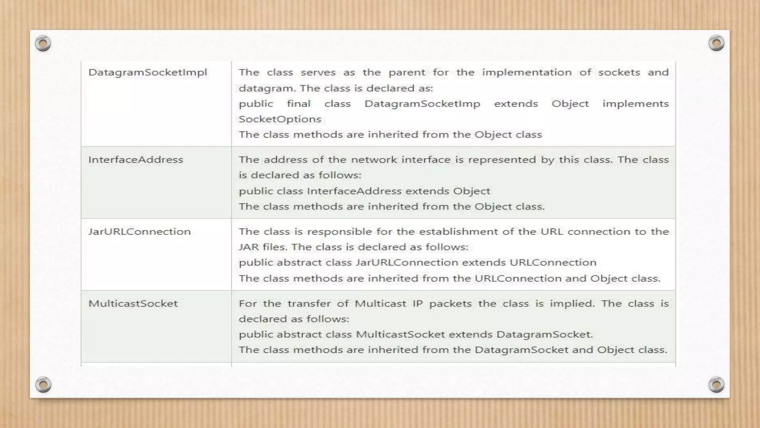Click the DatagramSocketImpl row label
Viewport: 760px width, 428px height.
point(147,72)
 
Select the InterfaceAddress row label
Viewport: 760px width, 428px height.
point(135,160)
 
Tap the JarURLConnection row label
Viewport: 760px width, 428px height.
point(139,232)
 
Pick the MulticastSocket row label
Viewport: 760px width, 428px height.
point(133,304)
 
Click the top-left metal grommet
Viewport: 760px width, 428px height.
point(43,44)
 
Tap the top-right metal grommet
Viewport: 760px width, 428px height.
point(716,43)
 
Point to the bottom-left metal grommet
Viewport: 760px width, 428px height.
point(43,385)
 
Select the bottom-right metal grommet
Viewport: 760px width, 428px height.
point(716,385)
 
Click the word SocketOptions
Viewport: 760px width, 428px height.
point(280,119)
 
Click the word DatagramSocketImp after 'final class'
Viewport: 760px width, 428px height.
point(422,104)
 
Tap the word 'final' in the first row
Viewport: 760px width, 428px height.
point(298,104)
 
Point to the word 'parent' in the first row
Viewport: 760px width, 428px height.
point(407,72)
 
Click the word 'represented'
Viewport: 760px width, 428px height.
point(501,160)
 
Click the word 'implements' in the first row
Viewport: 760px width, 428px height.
point(635,104)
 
